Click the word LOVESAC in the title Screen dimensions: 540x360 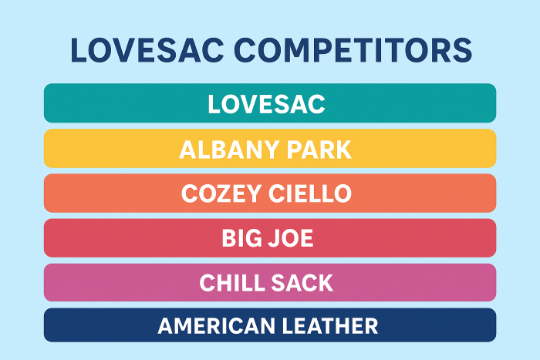click(147, 50)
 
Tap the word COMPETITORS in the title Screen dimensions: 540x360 click(353, 50)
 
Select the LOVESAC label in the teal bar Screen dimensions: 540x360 click(267, 104)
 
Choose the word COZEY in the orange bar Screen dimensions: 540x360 click(221, 193)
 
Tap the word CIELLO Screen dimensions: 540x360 click(310, 193)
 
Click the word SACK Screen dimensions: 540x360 click(302, 283)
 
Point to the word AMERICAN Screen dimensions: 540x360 click(216, 326)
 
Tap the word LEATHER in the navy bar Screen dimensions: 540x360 click(330, 326)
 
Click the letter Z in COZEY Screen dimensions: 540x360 click(229, 193)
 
